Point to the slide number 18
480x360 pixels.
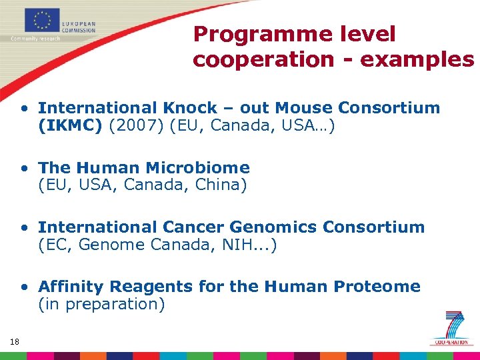pos(15,342)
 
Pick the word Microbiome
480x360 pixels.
pos(198,168)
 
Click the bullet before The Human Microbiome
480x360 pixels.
pos(24,168)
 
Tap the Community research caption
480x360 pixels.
pos(35,39)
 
